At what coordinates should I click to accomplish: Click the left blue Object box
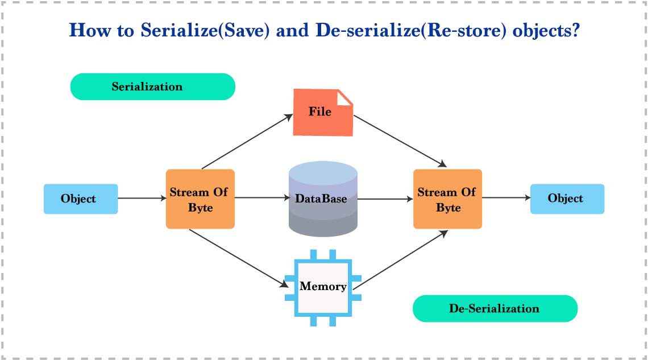tap(81, 199)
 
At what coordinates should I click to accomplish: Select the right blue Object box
tap(567, 198)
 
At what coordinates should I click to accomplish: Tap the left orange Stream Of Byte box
tap(200, 199)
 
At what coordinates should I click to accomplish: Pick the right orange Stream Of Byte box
tap(448, 199)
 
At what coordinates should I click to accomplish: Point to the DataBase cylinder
tap(323, 199)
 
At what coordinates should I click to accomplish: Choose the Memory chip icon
tap(323, 287)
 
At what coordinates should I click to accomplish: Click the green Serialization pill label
tap(152, 87)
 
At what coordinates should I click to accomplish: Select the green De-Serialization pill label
tap(495, 309)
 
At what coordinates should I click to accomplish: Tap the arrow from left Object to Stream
tap(142, 198)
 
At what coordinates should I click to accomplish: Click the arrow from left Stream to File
tap(246, 143)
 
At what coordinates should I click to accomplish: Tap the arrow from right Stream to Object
tap(506, 198)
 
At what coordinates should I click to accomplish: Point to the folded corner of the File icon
tap(344, 98)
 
